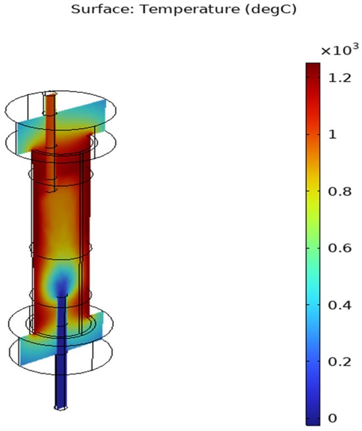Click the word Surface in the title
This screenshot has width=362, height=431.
102,9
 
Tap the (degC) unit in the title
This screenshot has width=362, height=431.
271,10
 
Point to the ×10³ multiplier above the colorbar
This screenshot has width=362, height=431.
340,49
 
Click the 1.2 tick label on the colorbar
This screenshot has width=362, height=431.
340,78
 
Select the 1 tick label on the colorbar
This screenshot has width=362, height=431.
332,134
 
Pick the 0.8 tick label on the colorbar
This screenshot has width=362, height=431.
340,191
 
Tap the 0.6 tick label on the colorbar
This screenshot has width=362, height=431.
340,248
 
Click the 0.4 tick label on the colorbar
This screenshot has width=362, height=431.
340,305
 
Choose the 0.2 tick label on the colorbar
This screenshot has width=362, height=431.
340,362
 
